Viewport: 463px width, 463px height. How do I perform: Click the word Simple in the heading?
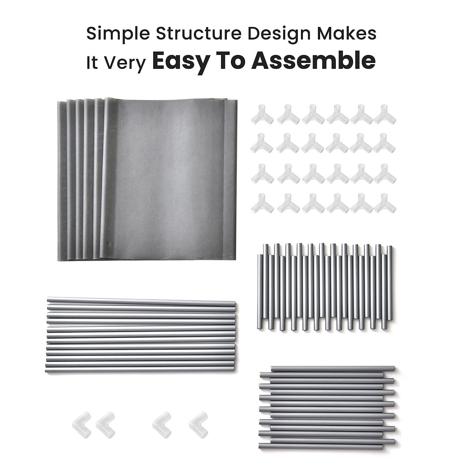(118, 34)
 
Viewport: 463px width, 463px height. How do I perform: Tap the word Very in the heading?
(124, 63)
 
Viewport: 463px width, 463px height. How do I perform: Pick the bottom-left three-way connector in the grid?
(262, 203)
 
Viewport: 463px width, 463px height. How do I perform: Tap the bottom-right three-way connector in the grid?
(385, 203)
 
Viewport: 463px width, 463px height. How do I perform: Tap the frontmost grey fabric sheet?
(173, 179)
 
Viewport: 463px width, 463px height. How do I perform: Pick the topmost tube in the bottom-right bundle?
(333, 369)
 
